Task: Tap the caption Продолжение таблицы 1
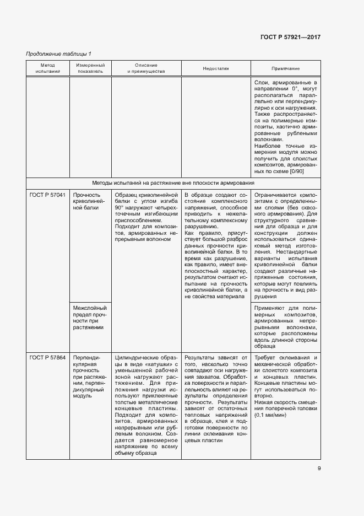pyautogui.click(x=58, y=53)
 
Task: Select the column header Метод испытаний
pyautogui.click(x=47, y=68)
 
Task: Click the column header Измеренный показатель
pyautogui.click(x=90, y=68)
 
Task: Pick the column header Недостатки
pyautogui.click(x=216, y=68)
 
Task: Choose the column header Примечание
pyautogui.click(x=285, y=68)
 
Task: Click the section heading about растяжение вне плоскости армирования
pyautogui.click(x=173, y=182)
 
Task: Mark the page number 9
pyautogui.click(x=319, y=469)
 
